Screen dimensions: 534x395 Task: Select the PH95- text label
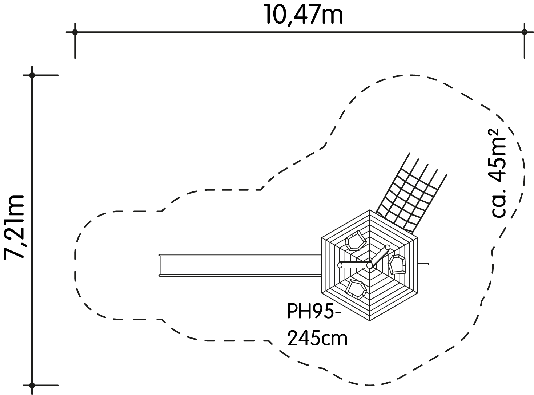(x=314, y=311)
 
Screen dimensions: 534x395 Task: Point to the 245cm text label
(x=317, y=339)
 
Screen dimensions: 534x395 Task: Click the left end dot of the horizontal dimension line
(x=75, y=32)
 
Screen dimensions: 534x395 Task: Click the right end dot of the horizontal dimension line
(x=525, y=32)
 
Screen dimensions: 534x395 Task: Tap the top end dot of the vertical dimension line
(x=32, y=75)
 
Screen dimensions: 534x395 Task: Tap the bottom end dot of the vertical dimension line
(x=32, y=386)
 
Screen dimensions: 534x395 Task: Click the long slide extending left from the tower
(x=240, y=265)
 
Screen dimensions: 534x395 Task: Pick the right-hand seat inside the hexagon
(x=397, y=265)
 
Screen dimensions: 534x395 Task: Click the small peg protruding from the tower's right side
(x=423, y=264)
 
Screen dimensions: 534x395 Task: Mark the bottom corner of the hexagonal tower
(x=370, y=321)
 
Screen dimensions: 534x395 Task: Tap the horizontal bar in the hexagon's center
(x=355, y=265)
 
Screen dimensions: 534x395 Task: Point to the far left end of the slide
(x=160, y=265)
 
